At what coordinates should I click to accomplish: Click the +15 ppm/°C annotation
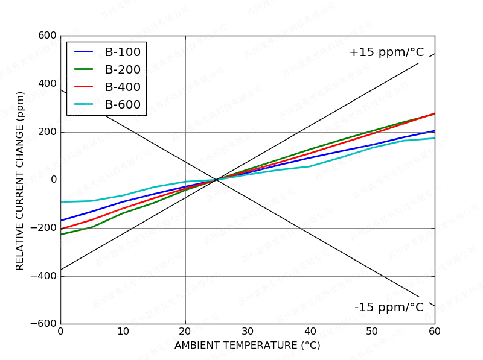tap(386, 52)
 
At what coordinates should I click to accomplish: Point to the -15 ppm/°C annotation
tap(389, 308)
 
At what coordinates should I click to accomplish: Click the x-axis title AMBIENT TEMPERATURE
tap(247, 346)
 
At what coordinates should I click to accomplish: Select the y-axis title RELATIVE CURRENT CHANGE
tap(20, 180)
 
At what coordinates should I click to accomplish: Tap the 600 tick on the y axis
tap(46, 36)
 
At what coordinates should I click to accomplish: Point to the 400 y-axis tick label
tap(46, 84)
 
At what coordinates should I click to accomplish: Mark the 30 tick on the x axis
tap(248, 331)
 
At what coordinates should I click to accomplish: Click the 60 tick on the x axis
tap(435, 331)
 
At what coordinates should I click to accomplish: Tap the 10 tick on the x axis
tap(123, 331)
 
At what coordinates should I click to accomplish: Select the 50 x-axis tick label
tap(373, 331)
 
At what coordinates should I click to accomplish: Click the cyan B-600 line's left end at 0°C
tap(61, 202)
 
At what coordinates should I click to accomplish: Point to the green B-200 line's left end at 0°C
tap(61, 234)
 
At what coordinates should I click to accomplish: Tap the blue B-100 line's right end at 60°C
tap(434, 131)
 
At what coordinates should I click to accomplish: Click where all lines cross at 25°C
tap(216, 180)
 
